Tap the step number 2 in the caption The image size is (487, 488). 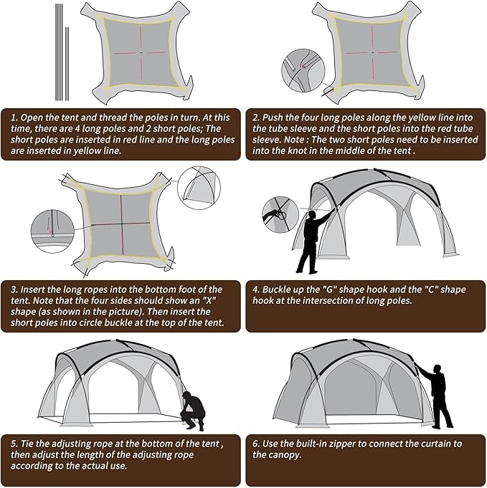[x=255, y=116]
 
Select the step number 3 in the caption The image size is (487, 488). [x=13, y=289]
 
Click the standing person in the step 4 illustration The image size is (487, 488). [x=310, y=240]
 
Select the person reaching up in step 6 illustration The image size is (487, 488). [x=438, y=395]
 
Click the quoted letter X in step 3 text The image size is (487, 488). [x=216, y=301]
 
